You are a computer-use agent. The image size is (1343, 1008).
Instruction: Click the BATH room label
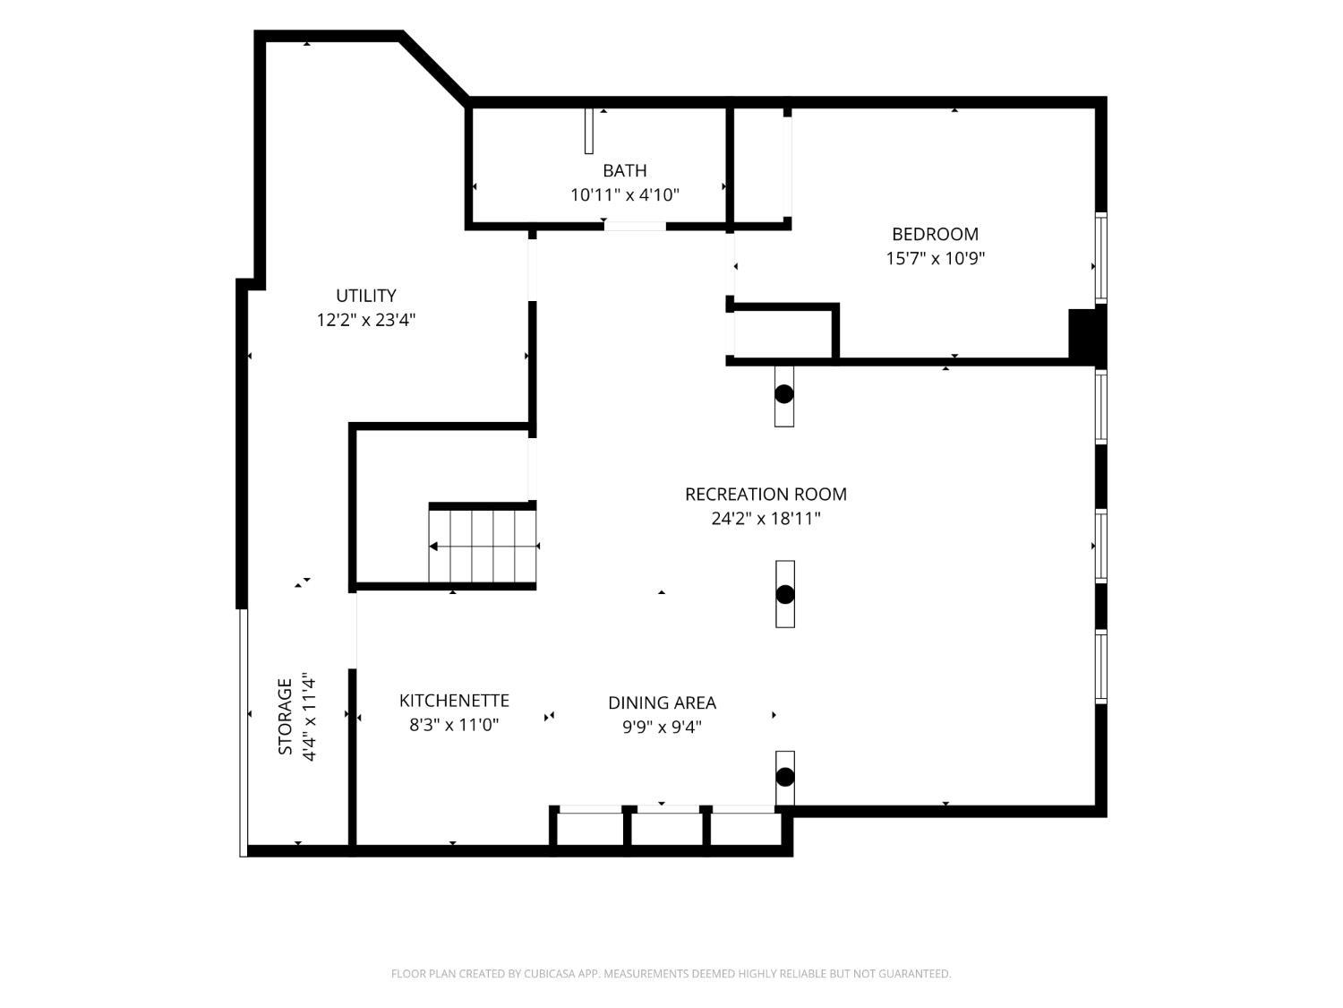(x=624, y=170)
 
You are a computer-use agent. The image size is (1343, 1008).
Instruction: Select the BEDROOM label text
(x=935, y=234)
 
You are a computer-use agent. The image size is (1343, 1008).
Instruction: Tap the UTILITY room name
(x=366, y=296)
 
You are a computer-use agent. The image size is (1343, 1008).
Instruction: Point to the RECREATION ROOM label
(x=766, y=494)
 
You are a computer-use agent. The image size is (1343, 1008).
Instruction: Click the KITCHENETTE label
(x=454, y=700)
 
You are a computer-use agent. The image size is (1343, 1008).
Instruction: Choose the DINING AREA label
(x=662, y=702)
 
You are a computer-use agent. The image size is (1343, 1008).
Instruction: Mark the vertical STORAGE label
(x=285, y=716)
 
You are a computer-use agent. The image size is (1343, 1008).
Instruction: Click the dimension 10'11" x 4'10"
(x=625, y=194)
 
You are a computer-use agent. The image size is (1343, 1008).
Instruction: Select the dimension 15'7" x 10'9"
(x=936, y=258)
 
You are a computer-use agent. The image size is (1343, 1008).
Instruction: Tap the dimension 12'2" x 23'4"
(x=366, y=320)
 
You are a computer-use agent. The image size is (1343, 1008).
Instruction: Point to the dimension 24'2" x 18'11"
(x=766, y=519)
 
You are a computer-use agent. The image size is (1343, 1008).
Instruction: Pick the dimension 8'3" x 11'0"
(x=454, y=725)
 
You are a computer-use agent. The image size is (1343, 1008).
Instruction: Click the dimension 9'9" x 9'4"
(x=662, y=727)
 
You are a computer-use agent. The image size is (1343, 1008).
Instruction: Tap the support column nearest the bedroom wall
(x=784, y=394)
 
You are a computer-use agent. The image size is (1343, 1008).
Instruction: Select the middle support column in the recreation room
(x=785, y=594)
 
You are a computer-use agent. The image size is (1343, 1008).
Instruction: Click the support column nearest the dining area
(x=785, y=777)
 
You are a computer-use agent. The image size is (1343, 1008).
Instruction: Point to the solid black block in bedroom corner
(x=1084, y=334)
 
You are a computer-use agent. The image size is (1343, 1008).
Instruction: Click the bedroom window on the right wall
(x=1100, y=258)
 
